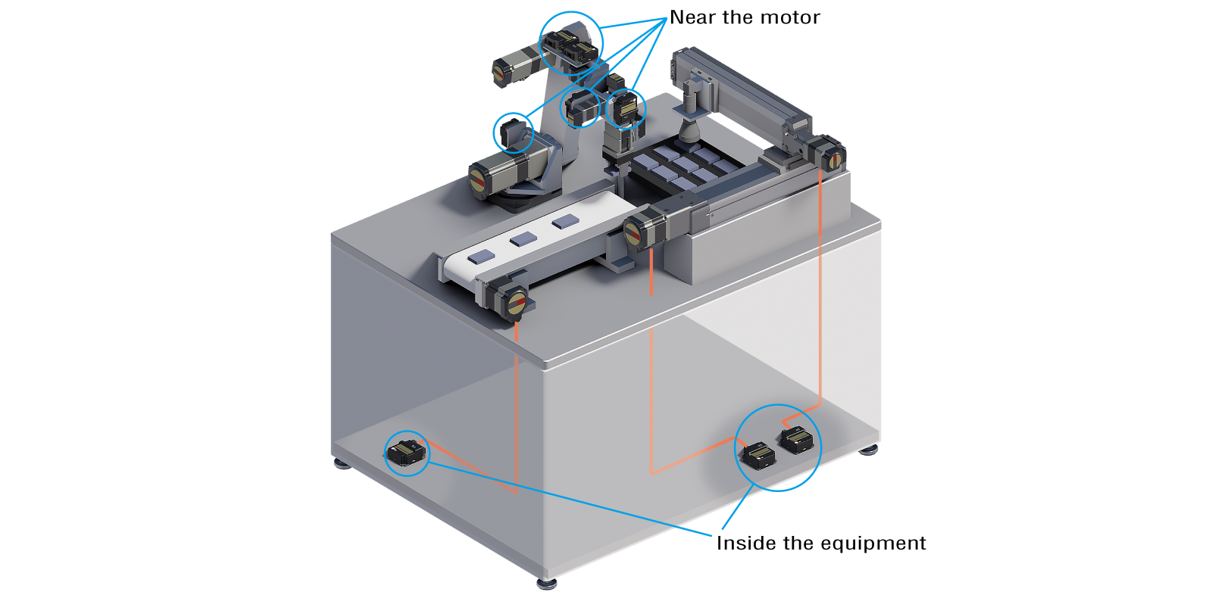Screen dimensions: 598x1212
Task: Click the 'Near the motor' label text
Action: tap(745, 17)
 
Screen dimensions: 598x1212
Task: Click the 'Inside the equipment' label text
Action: tap(820, 543)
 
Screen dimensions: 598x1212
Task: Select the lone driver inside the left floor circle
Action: tap(407, 453)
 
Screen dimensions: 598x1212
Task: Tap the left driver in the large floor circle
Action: tap(758, 456)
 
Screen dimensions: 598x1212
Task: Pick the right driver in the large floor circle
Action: tap(798, 440)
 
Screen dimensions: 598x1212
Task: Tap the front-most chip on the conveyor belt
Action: tap(480, 257)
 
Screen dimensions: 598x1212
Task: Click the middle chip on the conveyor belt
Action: tap(523, 239)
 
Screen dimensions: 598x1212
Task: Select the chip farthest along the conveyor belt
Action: tap(565, 222)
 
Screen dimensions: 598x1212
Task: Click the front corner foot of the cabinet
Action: tap(546, 583)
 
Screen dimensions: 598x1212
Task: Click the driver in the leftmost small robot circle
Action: tap(514, 132)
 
